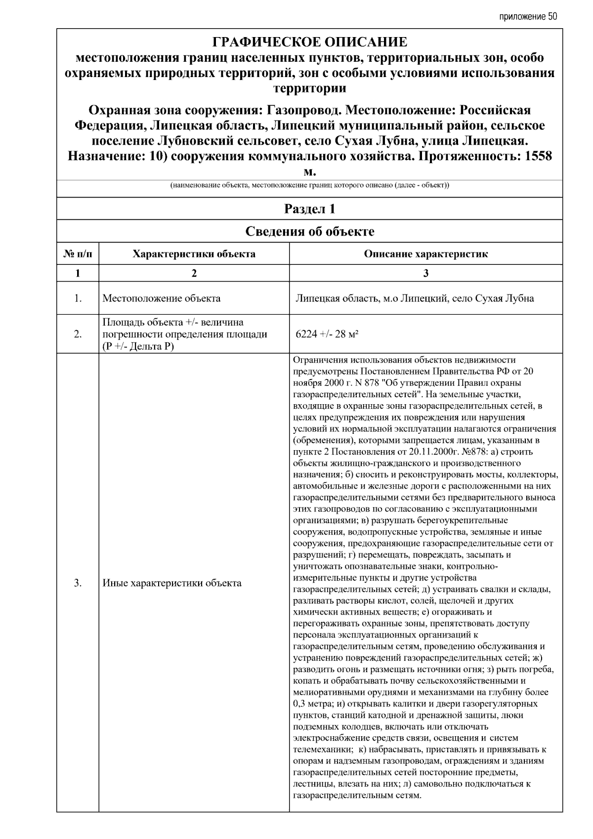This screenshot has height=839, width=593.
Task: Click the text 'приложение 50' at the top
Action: [x=528, y=16]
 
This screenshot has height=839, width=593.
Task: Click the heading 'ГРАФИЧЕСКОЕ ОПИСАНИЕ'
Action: [x=309, y=42]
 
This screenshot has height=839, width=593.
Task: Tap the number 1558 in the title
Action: [x=538, y=156]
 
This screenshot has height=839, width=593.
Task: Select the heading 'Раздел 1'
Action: [x=309, y=209]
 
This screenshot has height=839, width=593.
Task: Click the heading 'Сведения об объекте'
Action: [x=309, y=231]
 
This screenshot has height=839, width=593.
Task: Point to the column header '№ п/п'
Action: [x=78, y=254]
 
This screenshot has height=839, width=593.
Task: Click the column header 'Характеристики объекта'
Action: [x=194, y=254]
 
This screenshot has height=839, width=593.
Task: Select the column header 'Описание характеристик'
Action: [x=425, y=254]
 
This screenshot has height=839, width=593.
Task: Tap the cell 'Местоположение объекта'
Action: [x=162, y=298]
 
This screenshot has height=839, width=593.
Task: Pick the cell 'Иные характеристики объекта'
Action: [x=172, y=583]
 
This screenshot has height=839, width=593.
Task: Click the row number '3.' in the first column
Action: [x=78, y=583]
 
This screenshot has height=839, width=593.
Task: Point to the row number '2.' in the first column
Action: [x=78, y=334]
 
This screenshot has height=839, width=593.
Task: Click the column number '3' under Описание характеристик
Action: [x=425, y=273]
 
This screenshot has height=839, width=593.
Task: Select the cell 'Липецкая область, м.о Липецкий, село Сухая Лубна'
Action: [x=414, y=298]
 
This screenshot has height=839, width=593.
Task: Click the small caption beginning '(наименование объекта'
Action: [x=309, y=186]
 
